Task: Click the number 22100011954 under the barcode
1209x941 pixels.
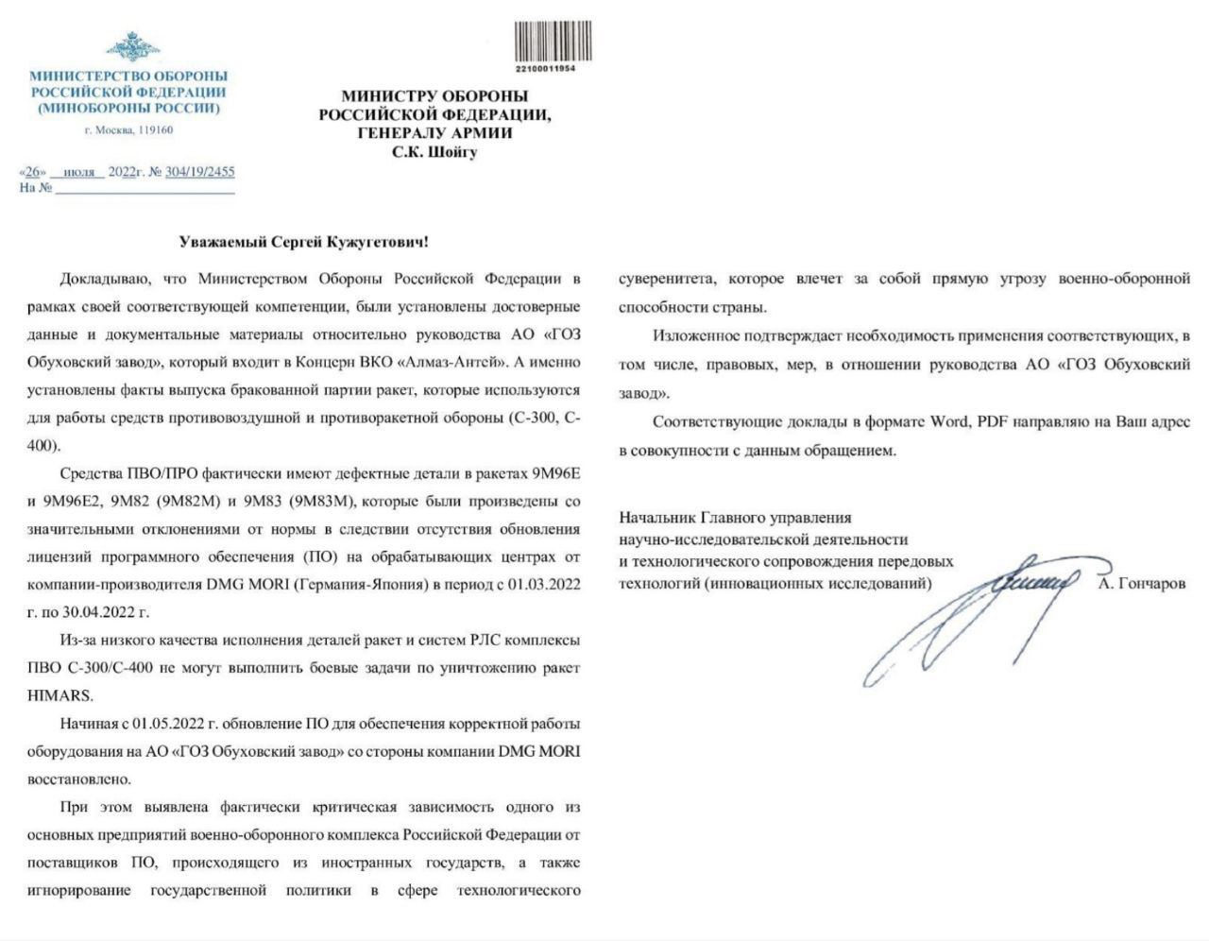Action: tap(546, 70)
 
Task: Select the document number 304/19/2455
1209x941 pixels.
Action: tap(199, 172)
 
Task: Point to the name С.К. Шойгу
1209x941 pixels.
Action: tap(434, 151)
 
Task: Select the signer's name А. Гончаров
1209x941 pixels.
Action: tap(1142, 584)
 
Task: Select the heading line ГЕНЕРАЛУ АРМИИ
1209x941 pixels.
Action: tap(434, 133)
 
